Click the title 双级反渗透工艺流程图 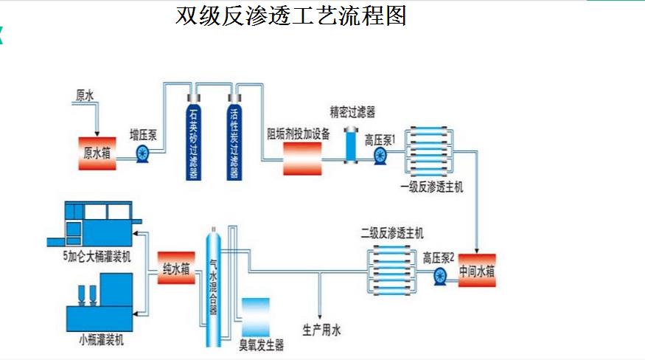[291, 16]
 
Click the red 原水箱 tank [97, 153]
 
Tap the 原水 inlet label [85, 96]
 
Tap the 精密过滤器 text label [352, 112]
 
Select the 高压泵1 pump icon [380, 155]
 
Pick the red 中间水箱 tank [477, 271]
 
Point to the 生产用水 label [321, 330]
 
